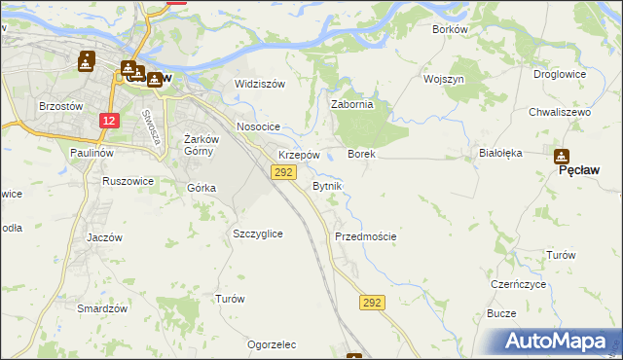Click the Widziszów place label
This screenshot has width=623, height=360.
coord(260,84)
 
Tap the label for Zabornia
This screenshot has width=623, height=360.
coord(352,104)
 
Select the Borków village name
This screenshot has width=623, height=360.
coord(450,29)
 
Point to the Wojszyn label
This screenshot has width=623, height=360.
coord(444,78)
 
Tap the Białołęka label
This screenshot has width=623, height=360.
coord(501,153)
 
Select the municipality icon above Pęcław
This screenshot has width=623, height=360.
coord(562,156)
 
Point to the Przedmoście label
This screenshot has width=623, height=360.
coord(365,236)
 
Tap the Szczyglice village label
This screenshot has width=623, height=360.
coord(258,234)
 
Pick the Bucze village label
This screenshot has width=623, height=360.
coord(500,314)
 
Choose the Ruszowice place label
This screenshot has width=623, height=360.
coord(128,180)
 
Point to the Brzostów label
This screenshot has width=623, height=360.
coord(60,105)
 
